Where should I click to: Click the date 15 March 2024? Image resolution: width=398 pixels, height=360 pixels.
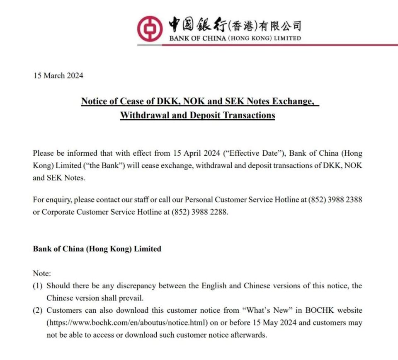[x=58, y=76]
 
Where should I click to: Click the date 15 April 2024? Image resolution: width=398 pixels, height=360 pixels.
[x=197, y=153]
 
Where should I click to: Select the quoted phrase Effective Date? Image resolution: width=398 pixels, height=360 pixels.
[x=254, y=153]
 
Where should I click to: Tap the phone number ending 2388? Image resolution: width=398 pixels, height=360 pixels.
[x=335, y=200]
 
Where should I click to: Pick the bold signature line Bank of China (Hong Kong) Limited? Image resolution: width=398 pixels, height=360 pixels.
[x=97, y=249]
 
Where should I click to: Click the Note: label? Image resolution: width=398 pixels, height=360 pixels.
[x=42, y=273]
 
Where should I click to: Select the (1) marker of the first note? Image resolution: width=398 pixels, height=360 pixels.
[x=38, y=286]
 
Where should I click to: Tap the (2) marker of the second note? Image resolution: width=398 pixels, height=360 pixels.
[x=38, y=310]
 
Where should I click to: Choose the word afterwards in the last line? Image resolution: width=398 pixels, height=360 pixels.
[x=249, y=335]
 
